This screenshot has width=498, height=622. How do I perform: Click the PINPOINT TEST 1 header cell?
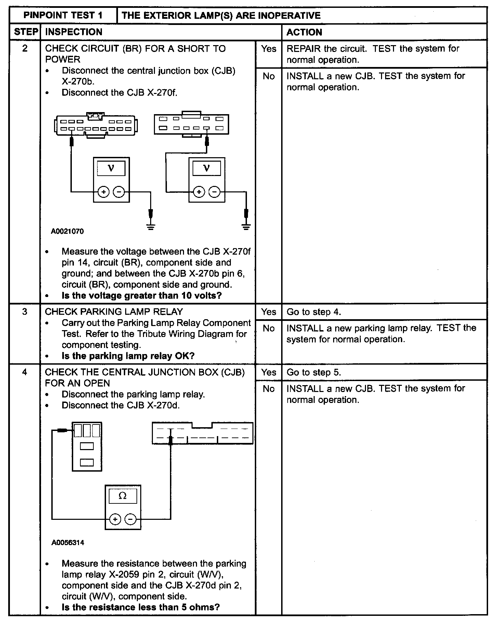pos(63,15)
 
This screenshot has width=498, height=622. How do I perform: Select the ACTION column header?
pos(304,32)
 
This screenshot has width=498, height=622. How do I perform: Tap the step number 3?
pos(25,312)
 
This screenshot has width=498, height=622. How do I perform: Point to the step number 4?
pos(25,372)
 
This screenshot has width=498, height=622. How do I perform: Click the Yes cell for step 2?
pos(268,49)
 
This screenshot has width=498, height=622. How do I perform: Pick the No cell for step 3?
pos(268,328)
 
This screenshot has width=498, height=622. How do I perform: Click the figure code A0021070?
pos(67,231)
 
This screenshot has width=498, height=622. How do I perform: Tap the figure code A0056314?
pos(68,543)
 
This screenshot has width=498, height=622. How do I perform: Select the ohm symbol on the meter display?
pos(122,496)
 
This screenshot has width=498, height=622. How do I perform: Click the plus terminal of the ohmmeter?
pos(115,520)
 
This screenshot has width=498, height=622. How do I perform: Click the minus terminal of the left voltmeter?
pos(119,192)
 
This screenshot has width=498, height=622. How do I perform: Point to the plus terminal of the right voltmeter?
pos(199,192)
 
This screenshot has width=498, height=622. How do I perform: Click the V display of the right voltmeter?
pos(206,168)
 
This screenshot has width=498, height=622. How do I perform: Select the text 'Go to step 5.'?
pos(314,372)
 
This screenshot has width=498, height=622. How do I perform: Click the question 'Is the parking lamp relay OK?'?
pos(128,356)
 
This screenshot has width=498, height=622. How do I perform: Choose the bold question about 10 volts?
pos(142,295)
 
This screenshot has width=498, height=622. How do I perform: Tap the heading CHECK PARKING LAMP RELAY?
pos(114,312)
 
